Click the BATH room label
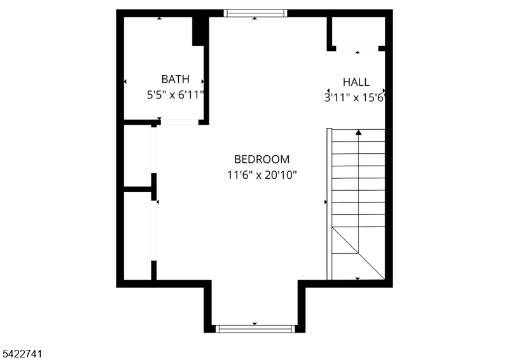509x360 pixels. pos(176,79)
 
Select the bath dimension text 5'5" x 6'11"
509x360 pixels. pos(176,95)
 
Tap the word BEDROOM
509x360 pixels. pos(261,159)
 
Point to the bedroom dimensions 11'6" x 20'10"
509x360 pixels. pos(261,176)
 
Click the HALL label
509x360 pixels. pos(356,82)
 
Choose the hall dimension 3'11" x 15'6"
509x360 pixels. pos(354,98)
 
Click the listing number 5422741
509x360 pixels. pos(22,354)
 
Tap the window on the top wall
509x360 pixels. pos(256,13)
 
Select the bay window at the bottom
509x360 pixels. pos(256,328)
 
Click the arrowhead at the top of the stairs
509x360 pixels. pos(358,132)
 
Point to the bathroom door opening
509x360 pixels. pos(179,122)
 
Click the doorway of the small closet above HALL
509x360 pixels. pos(357,48)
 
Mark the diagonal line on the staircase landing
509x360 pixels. pos(358,253)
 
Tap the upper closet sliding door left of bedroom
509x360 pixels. pos(154,150)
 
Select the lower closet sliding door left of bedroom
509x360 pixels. pos(154,230)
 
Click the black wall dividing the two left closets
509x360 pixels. pos(137,189)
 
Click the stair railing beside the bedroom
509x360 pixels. pos(329,204)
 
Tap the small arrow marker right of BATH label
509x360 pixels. pos(202,81)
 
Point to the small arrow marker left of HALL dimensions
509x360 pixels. pos(328,90)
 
